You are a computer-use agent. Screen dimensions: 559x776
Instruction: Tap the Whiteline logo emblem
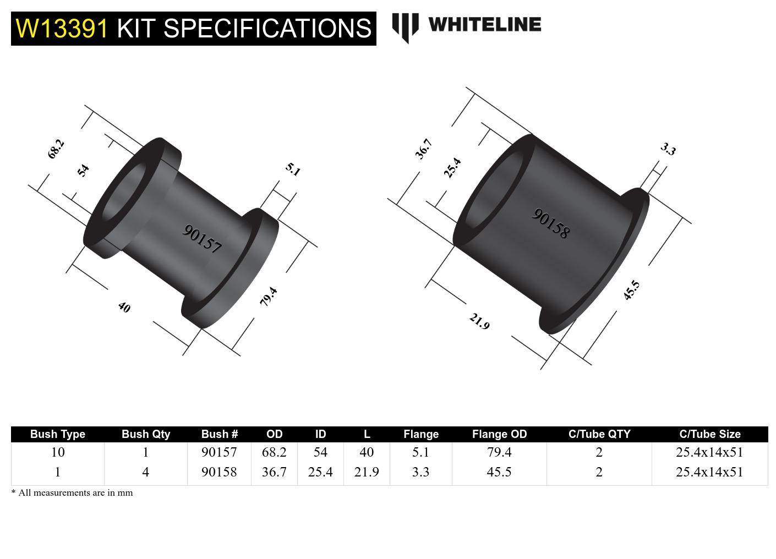pyautogui.click(x=405, y=27)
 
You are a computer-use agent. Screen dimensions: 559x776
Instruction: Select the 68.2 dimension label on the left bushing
pyautogui.click(x=56, y=149)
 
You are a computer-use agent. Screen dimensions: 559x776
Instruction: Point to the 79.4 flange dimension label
pyautogui.click(x=268, y=297)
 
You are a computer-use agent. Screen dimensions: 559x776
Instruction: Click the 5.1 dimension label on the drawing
pyautogui.click(x=293, y=169)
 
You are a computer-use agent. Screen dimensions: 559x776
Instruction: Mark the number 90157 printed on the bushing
pyautogui.click(x=202, y=239)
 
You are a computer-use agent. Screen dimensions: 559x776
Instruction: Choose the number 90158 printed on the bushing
pyautogui.click(x=550, y=223)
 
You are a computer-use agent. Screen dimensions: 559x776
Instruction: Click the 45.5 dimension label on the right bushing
pyautogui.click(x=631, y=290)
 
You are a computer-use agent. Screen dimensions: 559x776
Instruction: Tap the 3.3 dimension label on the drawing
pyautogui.click(x=668, y=149)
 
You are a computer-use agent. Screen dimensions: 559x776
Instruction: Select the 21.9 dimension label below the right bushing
pyautogui.click(x=479, y=321)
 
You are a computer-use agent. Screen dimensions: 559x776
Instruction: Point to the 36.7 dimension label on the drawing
pyautogui.click(x=423, y=149)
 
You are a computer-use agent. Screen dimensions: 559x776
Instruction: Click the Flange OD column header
pyautogui.click(x=499, y=434)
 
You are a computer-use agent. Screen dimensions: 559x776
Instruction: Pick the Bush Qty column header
pyautogui.click(x=145, y=434)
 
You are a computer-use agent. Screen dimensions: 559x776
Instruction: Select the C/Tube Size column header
pyautogui.click(x=709, y=434)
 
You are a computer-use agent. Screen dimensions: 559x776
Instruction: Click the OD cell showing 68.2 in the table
pyautogui.click(x=274, y=452)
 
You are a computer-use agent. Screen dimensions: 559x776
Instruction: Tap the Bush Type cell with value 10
pyautogui.click(x=57, y=452)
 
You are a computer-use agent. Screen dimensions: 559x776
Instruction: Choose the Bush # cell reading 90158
pyautogui.click(x=219, y=472)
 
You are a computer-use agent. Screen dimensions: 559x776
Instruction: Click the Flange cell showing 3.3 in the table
pyautogui.click(x=420, y=472)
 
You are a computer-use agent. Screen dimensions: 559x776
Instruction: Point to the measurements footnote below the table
pyautogui.click(x=72, y=493)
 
